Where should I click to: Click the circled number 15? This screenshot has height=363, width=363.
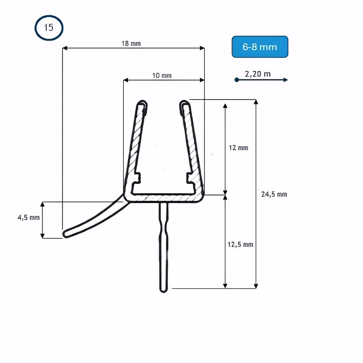pos(49,28)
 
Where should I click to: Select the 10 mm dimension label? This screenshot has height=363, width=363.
pos(162,76)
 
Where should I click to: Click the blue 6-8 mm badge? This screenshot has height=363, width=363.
pos(260,46)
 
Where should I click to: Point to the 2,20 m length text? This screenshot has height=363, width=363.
pos(258,73)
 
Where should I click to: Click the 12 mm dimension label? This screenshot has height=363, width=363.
pos(238,147)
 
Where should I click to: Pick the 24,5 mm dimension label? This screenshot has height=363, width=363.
pos(274,194)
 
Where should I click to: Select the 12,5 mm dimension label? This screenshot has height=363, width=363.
pos(240,245)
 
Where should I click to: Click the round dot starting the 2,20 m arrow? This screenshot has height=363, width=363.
pos(236,80)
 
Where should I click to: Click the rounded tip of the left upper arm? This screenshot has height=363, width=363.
pos(143,104)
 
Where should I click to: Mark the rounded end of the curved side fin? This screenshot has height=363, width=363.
pos(66,234)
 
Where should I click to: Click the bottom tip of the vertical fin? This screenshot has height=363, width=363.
pos(163,290)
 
